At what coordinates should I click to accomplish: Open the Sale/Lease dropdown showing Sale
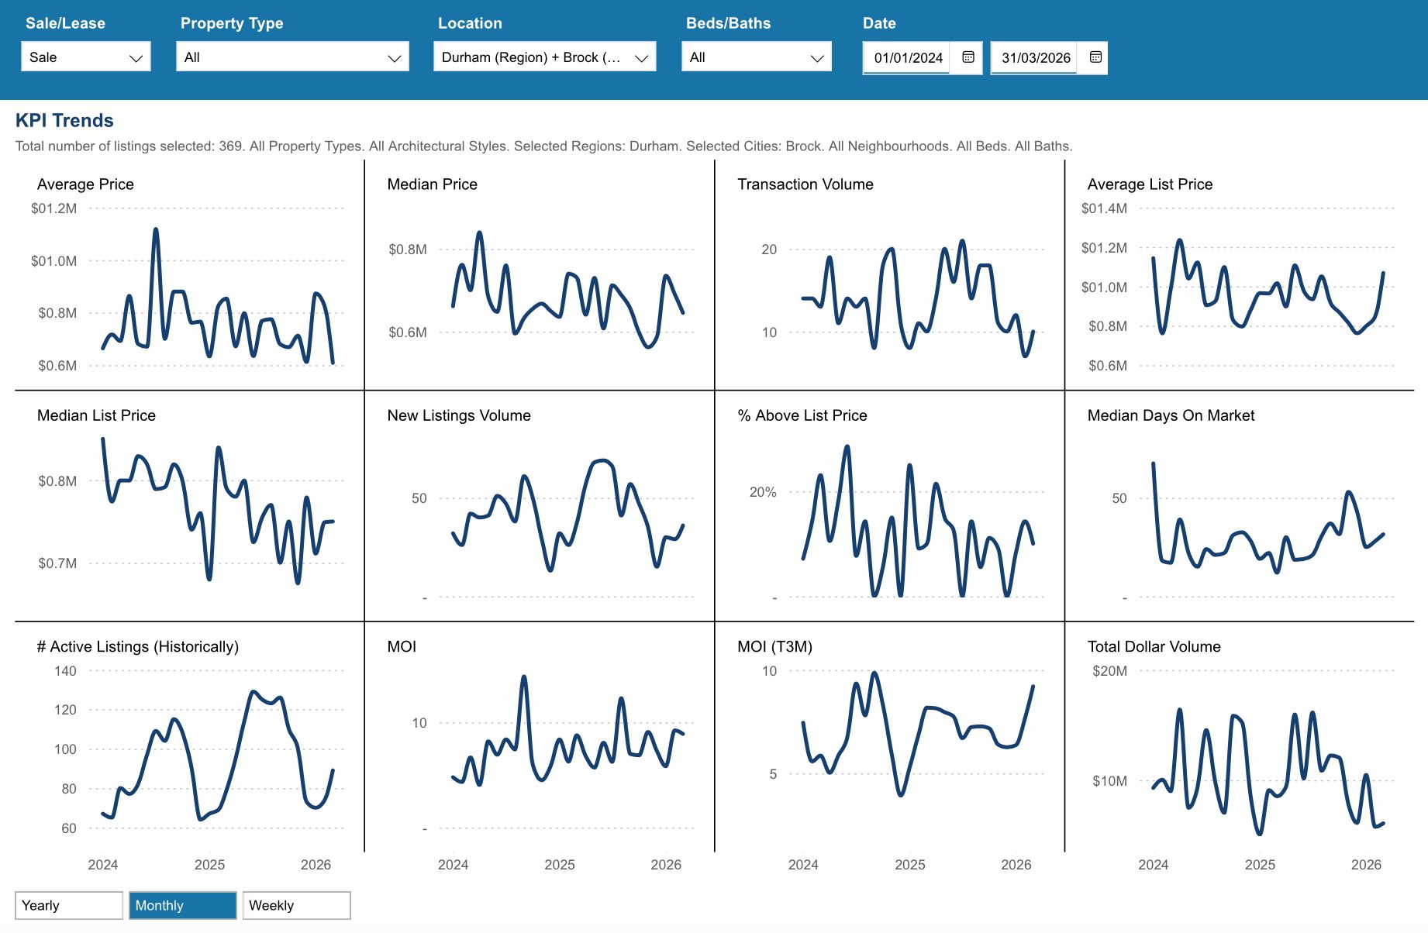point(86,57)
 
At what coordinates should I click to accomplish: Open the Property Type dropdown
point(292,57)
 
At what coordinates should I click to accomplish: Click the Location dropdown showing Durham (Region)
point(544,57)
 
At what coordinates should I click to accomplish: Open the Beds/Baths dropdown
point(756,57)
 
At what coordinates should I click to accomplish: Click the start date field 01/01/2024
point(908,58)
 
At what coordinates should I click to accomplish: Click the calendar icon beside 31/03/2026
point(1095,57)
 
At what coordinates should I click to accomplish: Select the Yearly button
point(69,905)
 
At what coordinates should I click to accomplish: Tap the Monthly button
point(182,905)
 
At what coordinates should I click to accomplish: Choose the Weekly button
point(296,905)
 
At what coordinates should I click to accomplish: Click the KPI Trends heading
point(64,120)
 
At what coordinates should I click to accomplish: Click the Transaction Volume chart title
point(805,184)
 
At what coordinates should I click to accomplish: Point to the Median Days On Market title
point(1171,415)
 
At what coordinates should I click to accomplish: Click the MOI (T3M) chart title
point(774,646)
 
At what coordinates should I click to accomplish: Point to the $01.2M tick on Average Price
point(53,208)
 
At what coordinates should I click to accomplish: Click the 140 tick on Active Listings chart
point(65,671)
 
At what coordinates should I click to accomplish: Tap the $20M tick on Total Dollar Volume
point(1109,671)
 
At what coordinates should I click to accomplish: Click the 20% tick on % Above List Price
point(763,492)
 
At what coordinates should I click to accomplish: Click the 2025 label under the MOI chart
point(560,865)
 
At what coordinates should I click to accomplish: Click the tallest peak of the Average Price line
point(156,229)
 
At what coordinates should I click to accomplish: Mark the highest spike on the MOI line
point(524,677)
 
